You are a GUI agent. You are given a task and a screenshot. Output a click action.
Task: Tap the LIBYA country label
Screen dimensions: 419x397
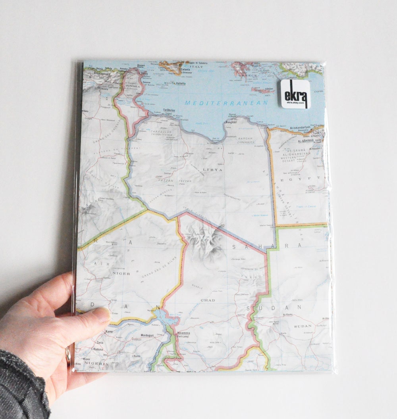coord(213,169)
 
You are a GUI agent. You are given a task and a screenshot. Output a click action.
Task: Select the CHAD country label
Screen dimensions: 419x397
coord(208,300)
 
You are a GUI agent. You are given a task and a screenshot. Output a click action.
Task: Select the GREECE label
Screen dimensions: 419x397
coord(251,75)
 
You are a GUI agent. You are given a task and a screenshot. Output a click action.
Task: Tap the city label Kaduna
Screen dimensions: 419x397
coord(98,350)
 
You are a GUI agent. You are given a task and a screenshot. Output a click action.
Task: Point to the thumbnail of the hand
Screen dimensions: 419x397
coord(102,315)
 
